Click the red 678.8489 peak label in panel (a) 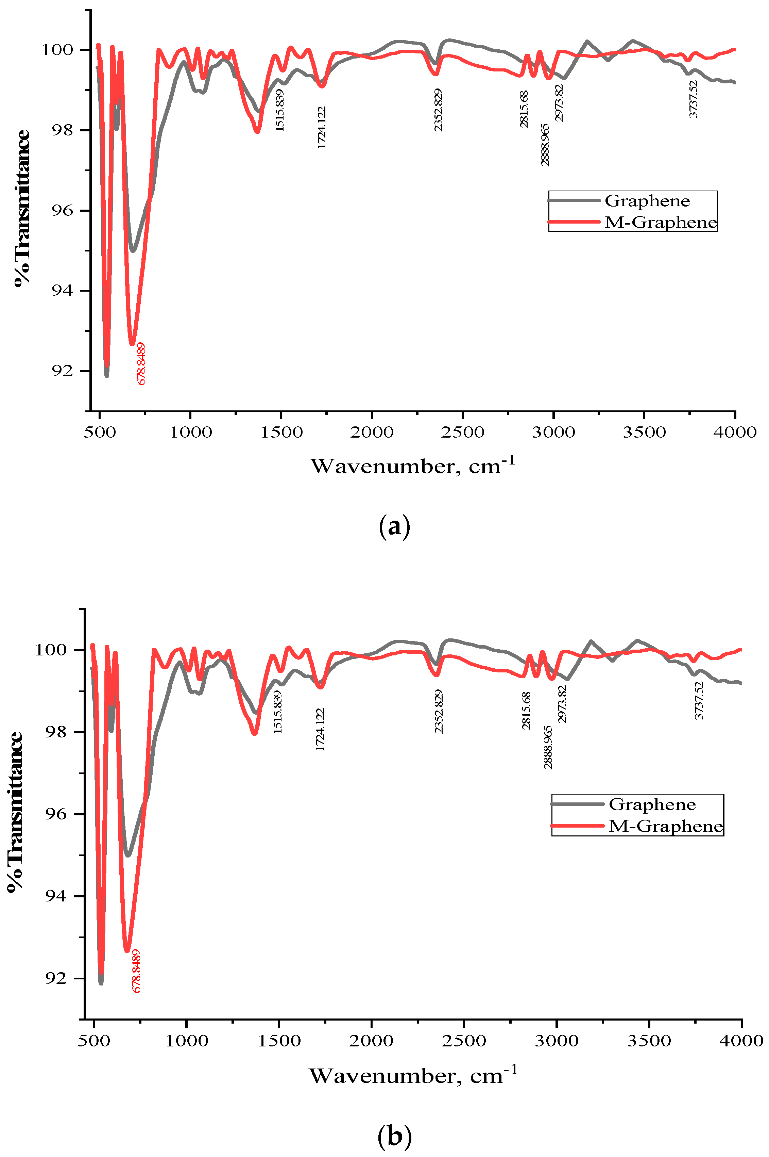[x=141, y=364]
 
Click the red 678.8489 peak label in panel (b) [x=136, y=971]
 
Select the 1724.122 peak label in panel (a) [x=322, y=128]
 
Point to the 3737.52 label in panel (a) [x=693, y=99]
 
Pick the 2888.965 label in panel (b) [x=548, y=747]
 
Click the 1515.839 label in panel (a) [x=279, y=110]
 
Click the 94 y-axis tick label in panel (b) [x=57, y=896]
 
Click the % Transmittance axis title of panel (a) [x=21, y=208]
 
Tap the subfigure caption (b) [x=395, y=1136]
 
